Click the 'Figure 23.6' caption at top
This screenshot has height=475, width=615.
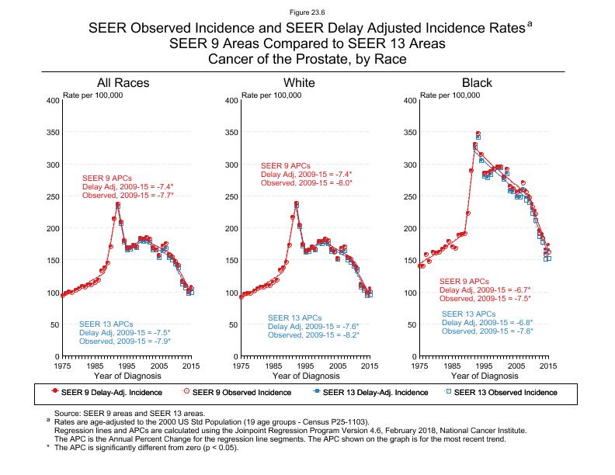pos(307,12)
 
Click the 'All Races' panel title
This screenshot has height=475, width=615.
pos(123,83)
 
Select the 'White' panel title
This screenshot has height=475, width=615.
pos(299,83)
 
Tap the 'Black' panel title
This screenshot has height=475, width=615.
pos(477,83)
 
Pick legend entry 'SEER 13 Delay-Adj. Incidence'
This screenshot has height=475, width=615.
pos(369,392)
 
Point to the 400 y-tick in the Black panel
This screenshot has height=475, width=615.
pos(411,101)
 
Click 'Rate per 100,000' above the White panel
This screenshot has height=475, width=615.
pos(271,95)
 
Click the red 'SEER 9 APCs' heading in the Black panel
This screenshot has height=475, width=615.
pos(464,281)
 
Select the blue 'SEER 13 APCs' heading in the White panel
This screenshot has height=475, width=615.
pos(294,318)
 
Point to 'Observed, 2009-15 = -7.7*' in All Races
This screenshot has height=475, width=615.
pos(127,196)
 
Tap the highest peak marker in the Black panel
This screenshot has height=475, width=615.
pos(478,134)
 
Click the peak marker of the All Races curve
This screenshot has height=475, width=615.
pos(118,205)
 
